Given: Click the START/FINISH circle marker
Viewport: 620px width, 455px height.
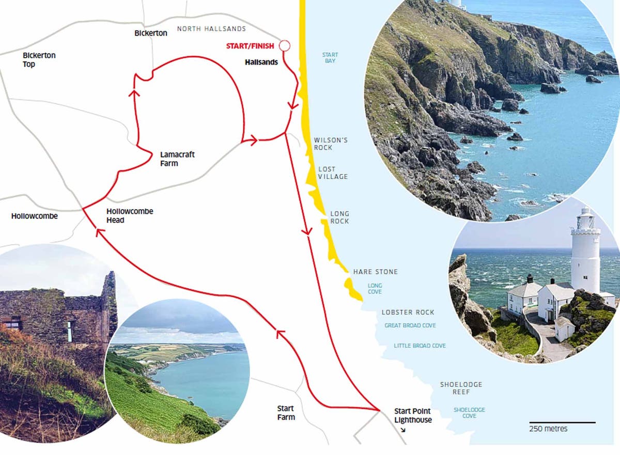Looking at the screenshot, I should pyautogui.click(x=284, y=46).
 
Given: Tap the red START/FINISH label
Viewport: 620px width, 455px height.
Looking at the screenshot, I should pyautogui.click(x=250, y=46).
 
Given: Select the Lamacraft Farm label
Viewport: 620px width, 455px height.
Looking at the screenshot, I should pyautogui.click(x=177, y=159).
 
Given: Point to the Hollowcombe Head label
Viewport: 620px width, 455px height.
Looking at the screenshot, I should pyautogui.click(x=130, y=216).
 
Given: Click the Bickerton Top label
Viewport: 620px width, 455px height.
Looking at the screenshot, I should pyautogui.click(x=39, y=60).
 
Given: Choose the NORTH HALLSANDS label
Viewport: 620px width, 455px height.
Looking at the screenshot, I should pyautogui.click(x=211, y=29).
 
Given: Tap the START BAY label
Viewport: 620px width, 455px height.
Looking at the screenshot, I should pyautogui.click(x=330, y=58).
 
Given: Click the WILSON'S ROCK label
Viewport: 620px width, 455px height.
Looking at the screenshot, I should pyautogui.click(x=331, y=144).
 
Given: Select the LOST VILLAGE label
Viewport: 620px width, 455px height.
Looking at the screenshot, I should pyautogui.click(x=333, y=173).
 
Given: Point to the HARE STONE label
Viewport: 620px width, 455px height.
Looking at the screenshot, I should pyautogui.click(x=376, y=272).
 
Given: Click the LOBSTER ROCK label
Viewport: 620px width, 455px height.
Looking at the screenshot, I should pyautogui.click(x=408, y=312).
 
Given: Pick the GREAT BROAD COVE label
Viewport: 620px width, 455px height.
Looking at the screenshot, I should pyautogui.click(x=410, y=326).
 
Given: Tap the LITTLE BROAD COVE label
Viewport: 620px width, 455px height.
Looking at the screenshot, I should pyautogui.click(x=420, y=346).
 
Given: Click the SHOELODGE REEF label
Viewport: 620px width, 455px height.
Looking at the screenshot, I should pyautogui.click(x=461, y=388).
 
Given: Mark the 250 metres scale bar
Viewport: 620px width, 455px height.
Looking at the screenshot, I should pyautogui.click(x=562, y=422).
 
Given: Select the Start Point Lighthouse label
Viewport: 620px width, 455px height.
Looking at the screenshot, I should pyautogui.click(x=413, y=416).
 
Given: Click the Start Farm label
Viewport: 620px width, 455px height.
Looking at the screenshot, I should pyautogui.click(x=286, y=413).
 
